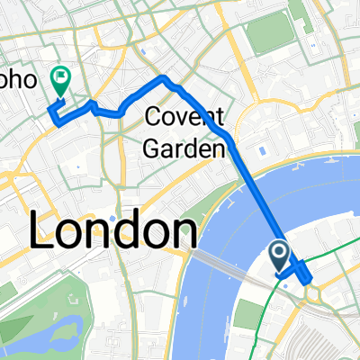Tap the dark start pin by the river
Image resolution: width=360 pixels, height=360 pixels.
[281, 255]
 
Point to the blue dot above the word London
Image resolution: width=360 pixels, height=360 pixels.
[110, 218]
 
